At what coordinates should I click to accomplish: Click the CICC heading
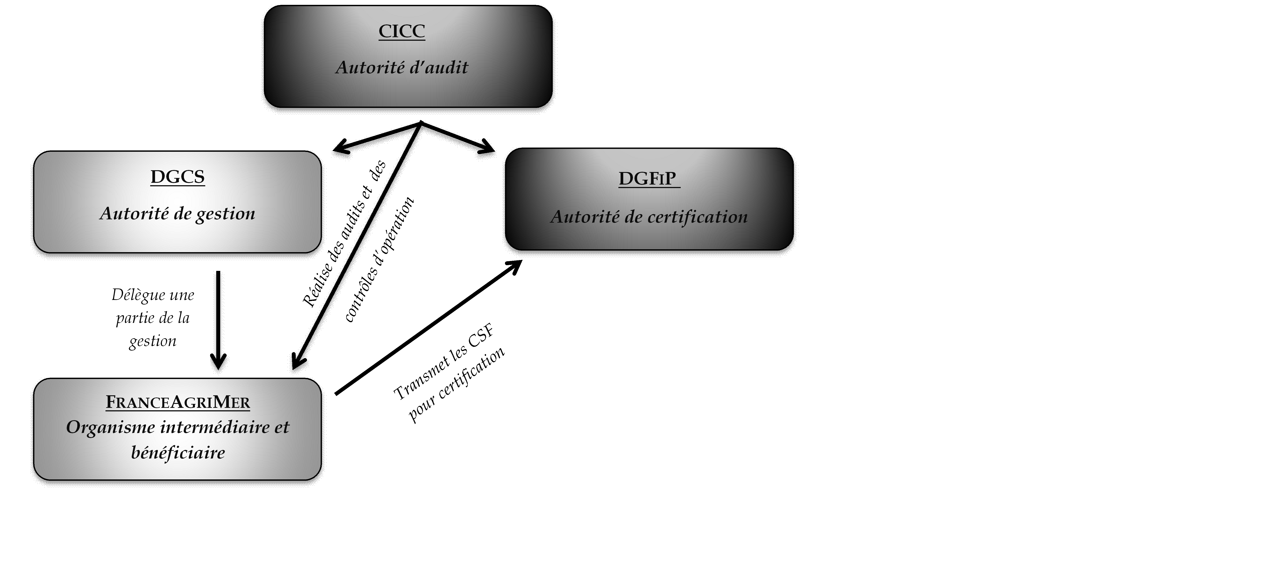point(402,31)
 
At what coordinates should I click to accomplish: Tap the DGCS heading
point(177,177)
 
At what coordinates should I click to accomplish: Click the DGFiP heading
point(647,178)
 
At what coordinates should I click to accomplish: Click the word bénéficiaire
point(178,453)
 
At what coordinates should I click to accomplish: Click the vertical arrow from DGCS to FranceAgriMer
point(218,320)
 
